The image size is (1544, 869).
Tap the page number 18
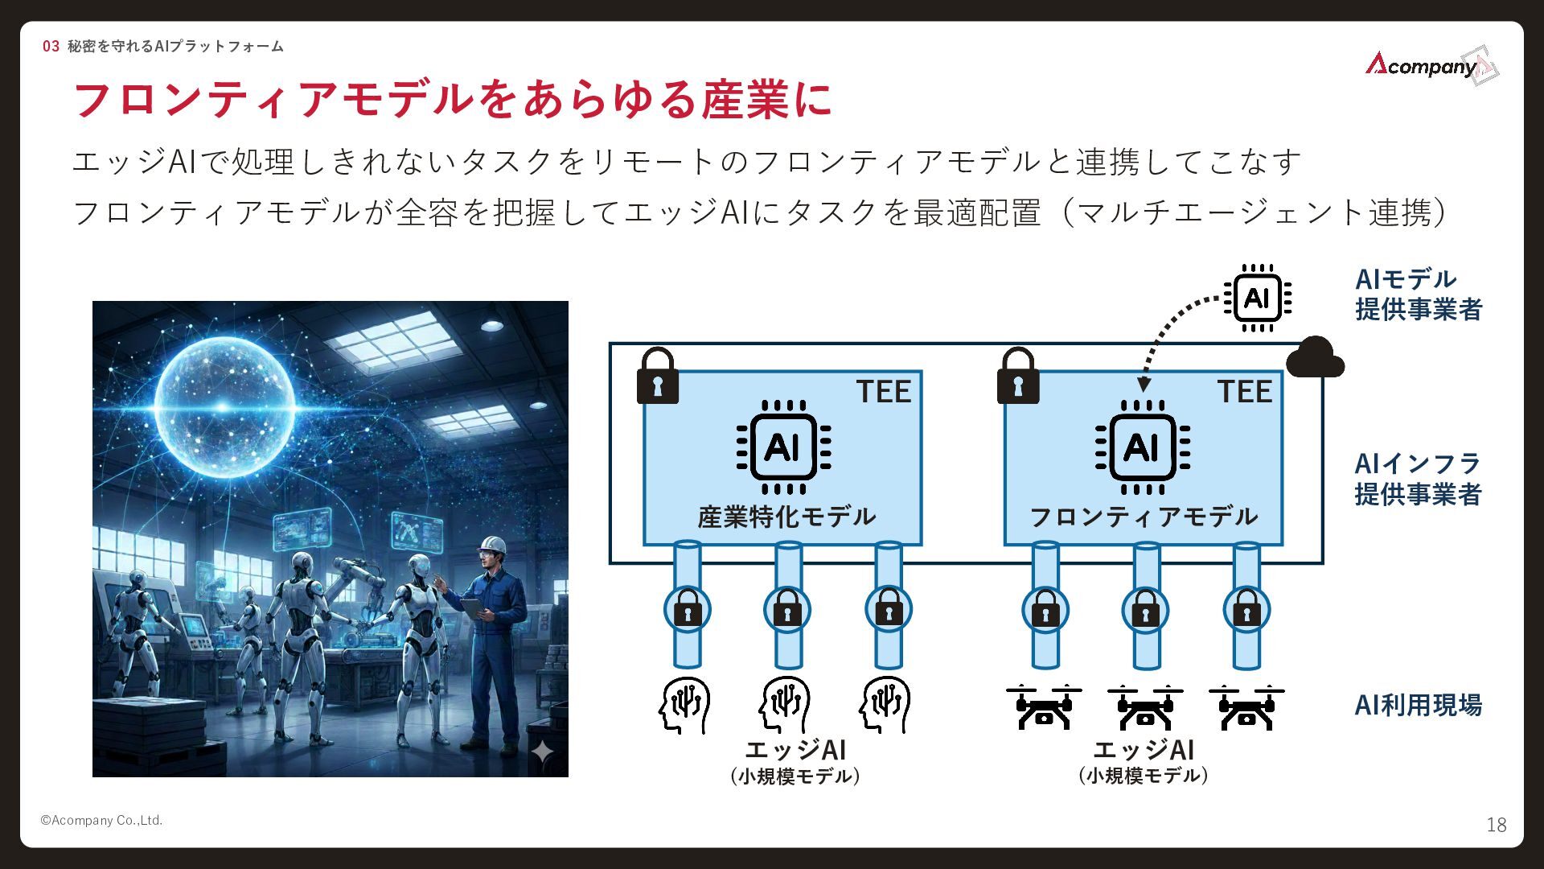pos(1496,825)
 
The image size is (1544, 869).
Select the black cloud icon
pos(1314,359)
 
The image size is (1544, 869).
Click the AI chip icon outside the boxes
pos(1257,298)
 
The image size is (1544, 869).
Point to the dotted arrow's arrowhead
pos(1144,385)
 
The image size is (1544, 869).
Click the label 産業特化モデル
pos(786,517)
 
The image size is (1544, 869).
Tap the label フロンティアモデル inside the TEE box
pos(1143,517)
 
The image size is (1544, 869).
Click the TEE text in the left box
pos(883,392)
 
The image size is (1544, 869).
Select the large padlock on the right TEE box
pos(1017,377)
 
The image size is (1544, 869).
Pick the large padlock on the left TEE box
pos(657,377)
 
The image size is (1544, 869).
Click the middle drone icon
pos(1144,707)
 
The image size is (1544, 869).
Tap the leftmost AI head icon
pos(684,706)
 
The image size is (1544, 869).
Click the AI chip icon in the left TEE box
pos(783,447)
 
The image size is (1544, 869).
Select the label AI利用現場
pos(1418,705)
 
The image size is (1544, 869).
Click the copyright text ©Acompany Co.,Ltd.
pos(101,821)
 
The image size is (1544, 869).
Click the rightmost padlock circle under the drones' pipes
pos(1246,611)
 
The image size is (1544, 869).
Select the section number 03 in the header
pos(51,47)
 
